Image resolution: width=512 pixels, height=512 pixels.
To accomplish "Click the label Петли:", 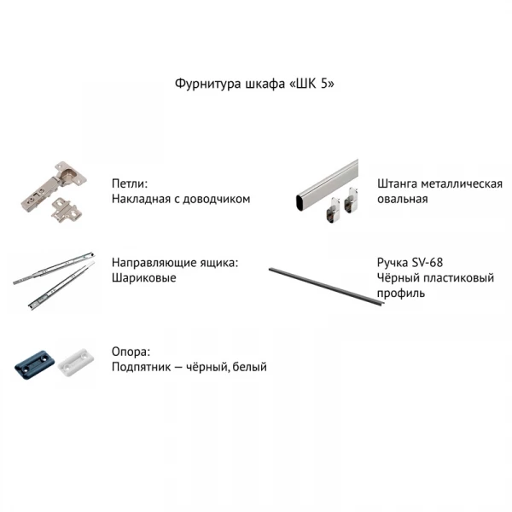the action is point(130,183).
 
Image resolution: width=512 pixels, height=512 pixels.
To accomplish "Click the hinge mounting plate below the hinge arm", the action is point(66,210).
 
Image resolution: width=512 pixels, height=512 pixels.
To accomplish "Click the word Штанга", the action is point(397,183).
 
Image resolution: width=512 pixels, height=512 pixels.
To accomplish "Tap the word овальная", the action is point(402,199).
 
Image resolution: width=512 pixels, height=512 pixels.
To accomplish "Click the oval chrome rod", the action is point(327,186).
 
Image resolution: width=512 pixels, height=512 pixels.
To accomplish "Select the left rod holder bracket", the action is point(334,210).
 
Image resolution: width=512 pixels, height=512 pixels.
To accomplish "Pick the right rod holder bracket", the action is point(352,201).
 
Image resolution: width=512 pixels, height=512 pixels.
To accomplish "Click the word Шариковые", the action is point(144,278).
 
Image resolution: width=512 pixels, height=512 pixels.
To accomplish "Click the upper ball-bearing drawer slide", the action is point(54,268).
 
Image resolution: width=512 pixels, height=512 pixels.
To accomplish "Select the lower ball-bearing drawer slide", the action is point(61,285).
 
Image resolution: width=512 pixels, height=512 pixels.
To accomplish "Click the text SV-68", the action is point(428,262).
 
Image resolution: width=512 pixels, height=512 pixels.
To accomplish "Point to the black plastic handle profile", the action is point(327,287).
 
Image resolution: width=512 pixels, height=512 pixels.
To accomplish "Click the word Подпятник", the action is point(141,367).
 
